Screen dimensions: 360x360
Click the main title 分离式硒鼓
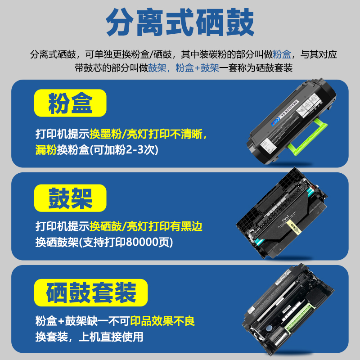click(x=180, y=23)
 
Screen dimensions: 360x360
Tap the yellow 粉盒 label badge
click(x=70, y=103)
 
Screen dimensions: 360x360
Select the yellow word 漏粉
click(x=45, y=150)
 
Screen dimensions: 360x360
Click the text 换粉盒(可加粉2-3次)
click(x=106, y=150)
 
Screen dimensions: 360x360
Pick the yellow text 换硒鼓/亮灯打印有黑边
click(x=146, y=226)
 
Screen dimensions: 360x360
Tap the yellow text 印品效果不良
click(x=162, y=321)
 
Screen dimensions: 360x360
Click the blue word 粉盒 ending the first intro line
click(x=282, y=54)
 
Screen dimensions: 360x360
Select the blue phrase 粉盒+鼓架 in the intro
click(x=197, y=68)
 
